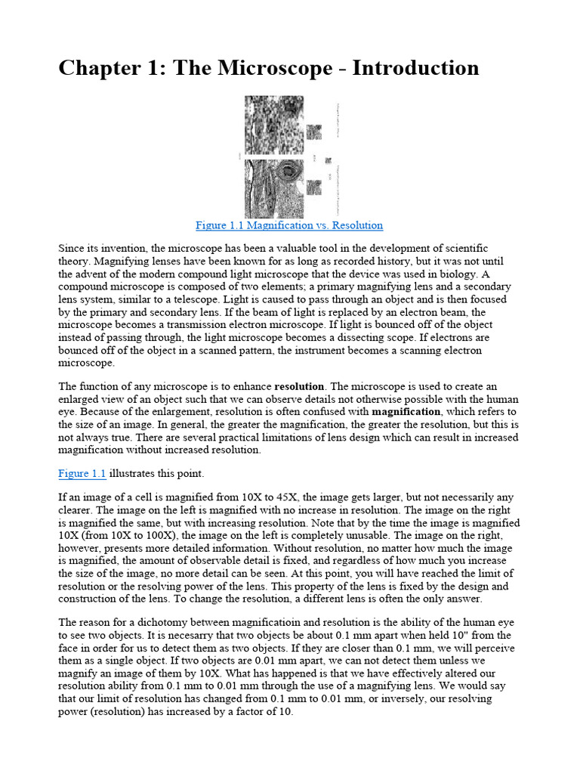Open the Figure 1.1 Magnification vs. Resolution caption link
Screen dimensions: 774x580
click(x=289, y=225)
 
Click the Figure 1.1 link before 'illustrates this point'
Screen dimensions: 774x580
click(x=82, y=474)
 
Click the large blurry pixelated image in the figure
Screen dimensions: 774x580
click(x=274, y=125)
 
